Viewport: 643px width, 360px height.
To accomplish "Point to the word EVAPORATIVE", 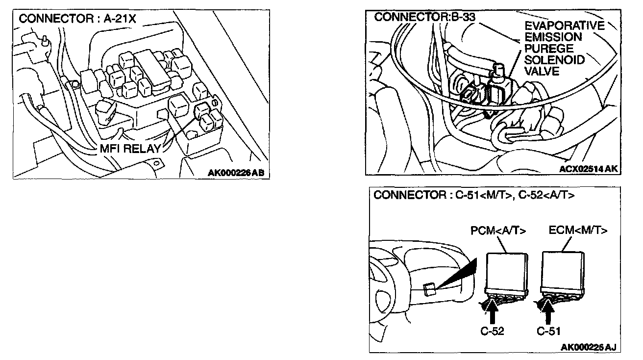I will pyautogui.click(x=564, y=26).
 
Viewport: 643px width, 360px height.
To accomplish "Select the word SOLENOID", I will pyautogui.click(x=554, y=60).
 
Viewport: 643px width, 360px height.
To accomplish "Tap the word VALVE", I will pyautogui.click(x=542, y=71).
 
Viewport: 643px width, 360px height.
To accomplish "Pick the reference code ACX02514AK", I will pyautogui.click(x=588, y=169).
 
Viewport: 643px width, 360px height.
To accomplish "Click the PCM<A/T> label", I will pyautogui.click(x=498, y=231).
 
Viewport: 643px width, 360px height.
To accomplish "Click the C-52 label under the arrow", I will pyautogui.click(x=492, y=331).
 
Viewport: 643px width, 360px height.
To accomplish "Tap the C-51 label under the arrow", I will pyautogui.click(x=548, y=331).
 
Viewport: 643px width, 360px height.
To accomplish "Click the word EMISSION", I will pyautogui.click(x=553, y=37).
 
